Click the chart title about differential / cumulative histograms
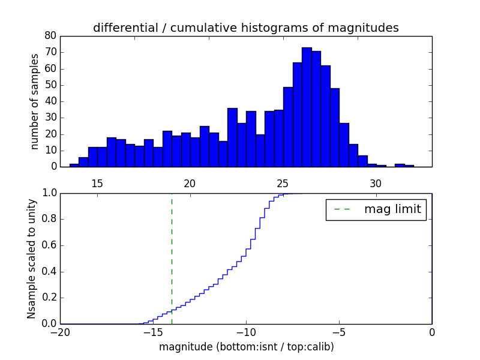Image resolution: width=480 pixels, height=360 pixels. click(x=245, y=28)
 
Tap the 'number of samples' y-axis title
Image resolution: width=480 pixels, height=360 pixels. click(x=35, y=101)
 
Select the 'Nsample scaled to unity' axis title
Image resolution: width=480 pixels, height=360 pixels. click(x=31, y=259)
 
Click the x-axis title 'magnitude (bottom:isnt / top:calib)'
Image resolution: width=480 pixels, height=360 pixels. click(x=246, y=347)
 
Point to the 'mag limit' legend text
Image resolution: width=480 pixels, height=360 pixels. click(x=392, y=209)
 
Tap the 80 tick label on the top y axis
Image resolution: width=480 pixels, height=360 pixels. click(x=50, y=36)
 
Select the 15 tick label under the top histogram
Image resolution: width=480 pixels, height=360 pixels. click(x=97, y=184)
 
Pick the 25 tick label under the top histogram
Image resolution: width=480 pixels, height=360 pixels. click(x=283, y=184)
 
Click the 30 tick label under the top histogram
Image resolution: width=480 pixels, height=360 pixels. click(x=376, y=184)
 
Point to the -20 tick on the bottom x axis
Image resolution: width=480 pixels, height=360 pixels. click(x=60, y=332)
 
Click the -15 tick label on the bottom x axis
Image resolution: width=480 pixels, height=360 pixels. click(x=152, y=332)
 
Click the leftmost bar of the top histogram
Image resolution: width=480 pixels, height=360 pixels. click(x=74, y=165)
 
